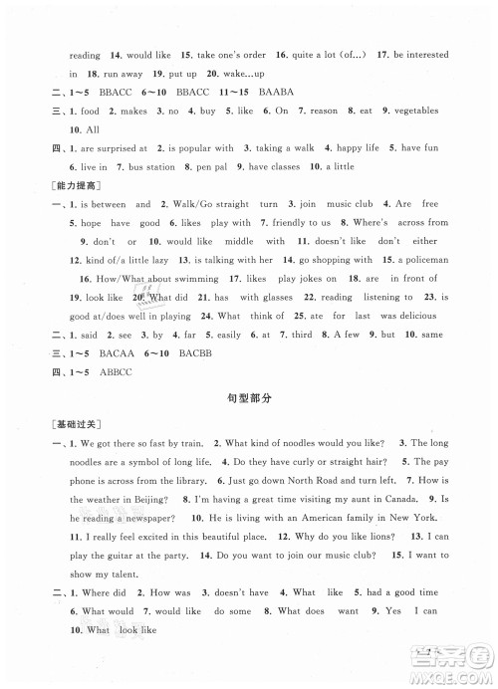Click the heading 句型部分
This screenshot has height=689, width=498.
(x=248, y=398)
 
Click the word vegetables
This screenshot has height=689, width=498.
(x=418, y=112)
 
